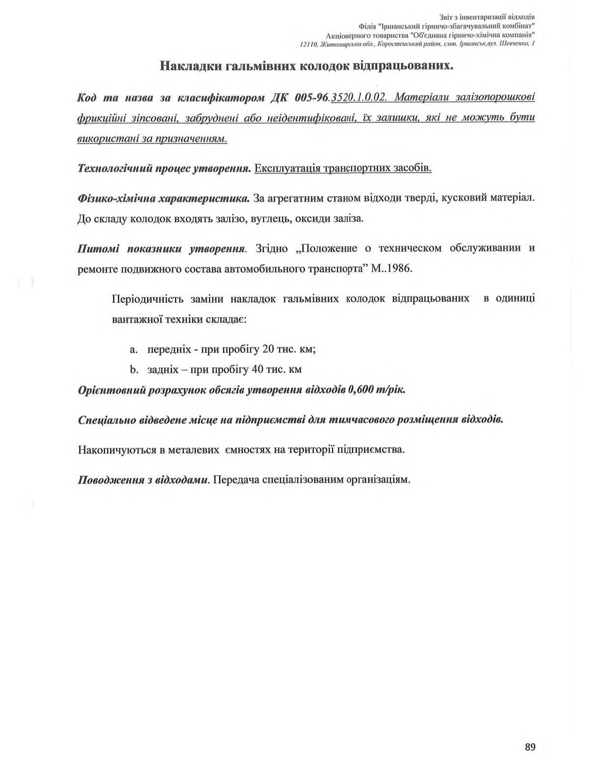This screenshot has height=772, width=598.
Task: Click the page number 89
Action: click(x=530, y=747)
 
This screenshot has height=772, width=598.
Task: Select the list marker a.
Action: click(x=132, y=349)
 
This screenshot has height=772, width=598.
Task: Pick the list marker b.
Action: click(x=132, y=370)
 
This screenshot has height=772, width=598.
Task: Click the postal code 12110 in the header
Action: click(x=308, y=45)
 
